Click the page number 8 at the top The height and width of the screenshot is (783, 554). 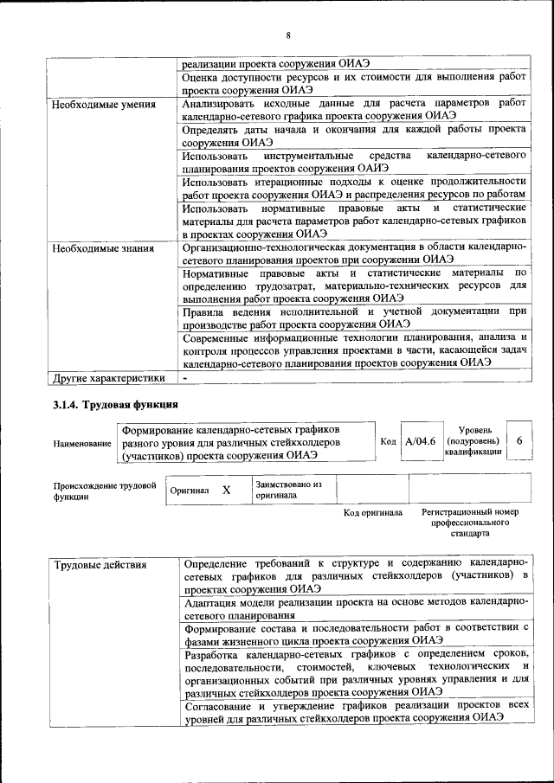[288, 35]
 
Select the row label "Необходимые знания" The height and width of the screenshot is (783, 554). [103, 248]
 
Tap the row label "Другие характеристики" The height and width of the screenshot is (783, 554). [109, 378]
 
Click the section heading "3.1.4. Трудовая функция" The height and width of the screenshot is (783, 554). [115, 404]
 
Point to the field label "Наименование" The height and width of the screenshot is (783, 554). [82, 443]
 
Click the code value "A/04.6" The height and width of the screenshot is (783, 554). [420, 441]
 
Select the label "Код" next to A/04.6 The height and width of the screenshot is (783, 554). [388, 441]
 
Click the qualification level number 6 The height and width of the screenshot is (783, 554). [519, 441]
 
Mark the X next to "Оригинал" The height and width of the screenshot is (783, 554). [227, 490]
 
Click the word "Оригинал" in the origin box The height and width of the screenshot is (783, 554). [190, 491]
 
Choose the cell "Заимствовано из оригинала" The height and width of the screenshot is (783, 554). [288, 490]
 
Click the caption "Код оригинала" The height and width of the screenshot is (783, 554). [372, 513]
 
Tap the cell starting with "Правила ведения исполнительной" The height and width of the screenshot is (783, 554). [355, 317]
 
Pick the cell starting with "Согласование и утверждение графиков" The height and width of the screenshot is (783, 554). [355, 712]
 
